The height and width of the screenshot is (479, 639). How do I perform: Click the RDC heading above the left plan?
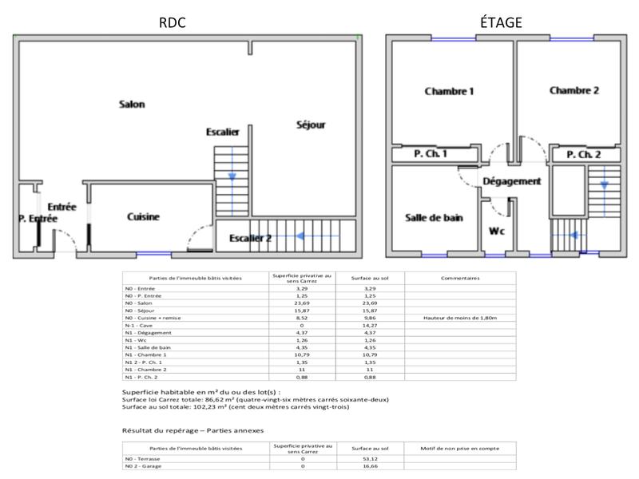click(173, 23)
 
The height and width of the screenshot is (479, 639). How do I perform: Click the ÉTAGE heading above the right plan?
click(501, 23)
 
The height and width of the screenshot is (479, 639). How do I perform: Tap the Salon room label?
click(132, 105)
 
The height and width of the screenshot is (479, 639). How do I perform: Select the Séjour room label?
click(311, 125)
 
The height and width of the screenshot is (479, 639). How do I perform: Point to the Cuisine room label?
click(144, 216)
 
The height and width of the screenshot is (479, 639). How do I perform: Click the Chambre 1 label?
click(449, 91)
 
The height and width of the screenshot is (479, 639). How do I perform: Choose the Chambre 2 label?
click(574, 90)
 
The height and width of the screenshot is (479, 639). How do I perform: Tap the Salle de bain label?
click(435, 217)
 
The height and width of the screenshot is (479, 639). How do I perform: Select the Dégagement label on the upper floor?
click(512, 181)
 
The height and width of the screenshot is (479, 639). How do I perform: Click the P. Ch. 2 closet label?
click(583, 154)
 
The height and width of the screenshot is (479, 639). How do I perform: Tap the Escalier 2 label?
click(251, 238)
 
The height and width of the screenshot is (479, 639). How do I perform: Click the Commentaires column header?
click(459, 279)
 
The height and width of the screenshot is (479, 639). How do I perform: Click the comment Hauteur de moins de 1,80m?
click(459, 318)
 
